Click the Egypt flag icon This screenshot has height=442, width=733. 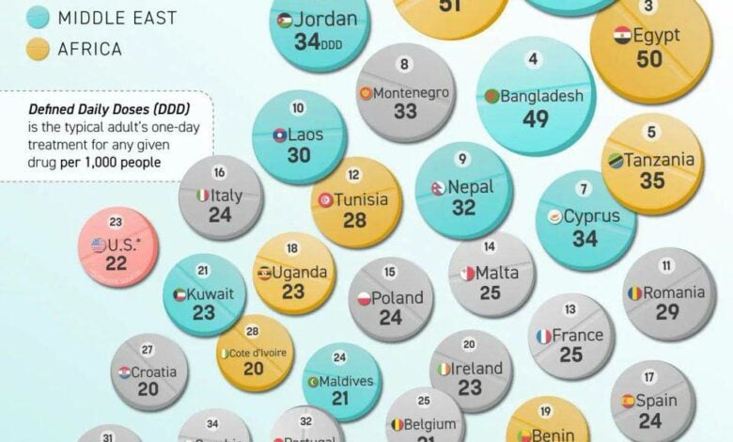coord(621,36)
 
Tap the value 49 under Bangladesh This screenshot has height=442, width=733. coord(536,119)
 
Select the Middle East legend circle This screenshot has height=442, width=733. coord(39,16)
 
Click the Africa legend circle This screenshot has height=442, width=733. coord(39,48)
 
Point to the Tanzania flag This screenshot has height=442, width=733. coord(615,160)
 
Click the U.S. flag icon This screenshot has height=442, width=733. coord(99,245)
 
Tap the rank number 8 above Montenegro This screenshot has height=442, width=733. coord(405,65)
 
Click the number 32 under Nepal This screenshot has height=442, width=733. coord(463,209)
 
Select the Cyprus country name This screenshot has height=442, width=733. coord(592,216)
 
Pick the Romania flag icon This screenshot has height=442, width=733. coord(635,293)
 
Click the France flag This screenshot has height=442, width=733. coord(543,336)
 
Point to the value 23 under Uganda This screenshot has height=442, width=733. coord(293,293)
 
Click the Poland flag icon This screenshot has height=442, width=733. coord(364,299)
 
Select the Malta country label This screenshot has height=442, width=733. coord(497,273)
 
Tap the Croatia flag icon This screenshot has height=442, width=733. coord(124,372)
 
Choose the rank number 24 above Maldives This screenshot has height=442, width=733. coord(340,357)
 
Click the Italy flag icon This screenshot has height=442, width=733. coord(202,196)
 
